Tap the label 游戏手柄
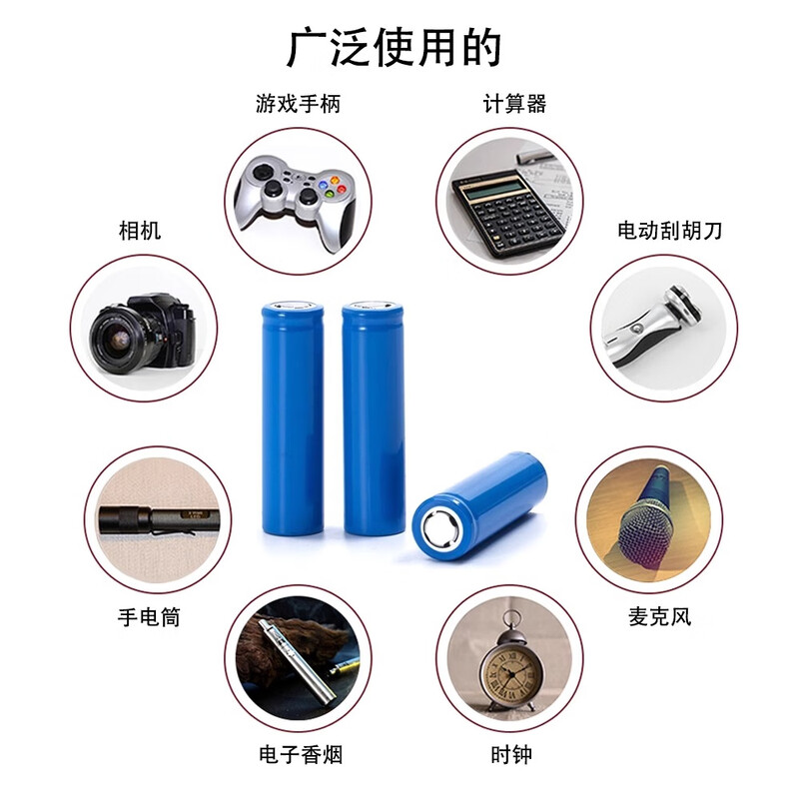297,103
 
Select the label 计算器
514,103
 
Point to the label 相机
139,231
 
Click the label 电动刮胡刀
669,231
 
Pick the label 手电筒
149,616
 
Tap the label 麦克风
659,616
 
